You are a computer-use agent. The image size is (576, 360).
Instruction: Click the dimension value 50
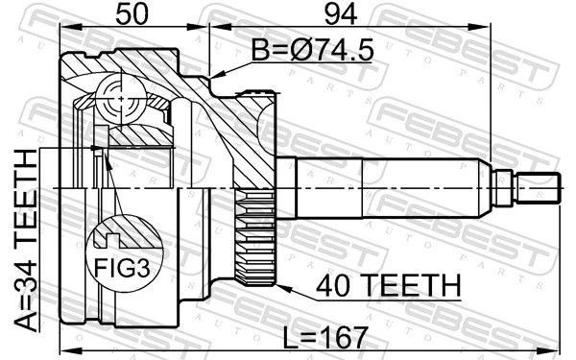pyautogui.click(x=134, y=15)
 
